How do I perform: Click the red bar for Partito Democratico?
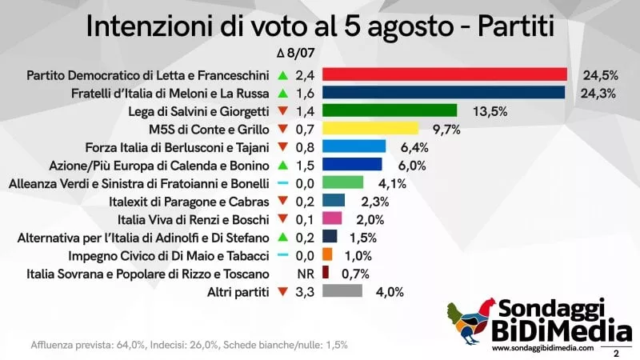[444, 75]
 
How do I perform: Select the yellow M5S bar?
[370, 128]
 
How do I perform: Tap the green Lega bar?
[389, 110]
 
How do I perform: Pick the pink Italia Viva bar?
[332, 218]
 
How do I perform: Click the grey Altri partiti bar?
[342, 290]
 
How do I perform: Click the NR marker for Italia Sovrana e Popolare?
[304, 273]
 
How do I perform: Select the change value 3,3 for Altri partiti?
[305, 290]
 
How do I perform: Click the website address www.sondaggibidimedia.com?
[543, 348]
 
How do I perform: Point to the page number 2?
[616, 350]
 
